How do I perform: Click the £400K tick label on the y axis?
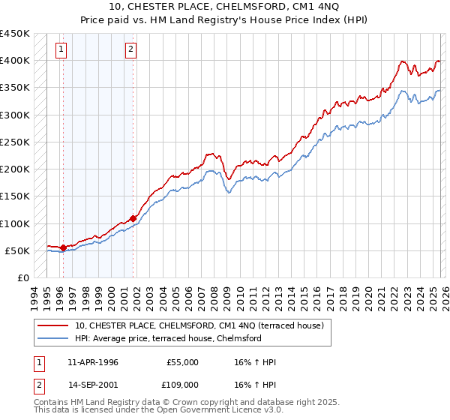pyautogui.click(x=15, y=61)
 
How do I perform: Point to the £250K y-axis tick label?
pyautogui.click(x=15, y=142)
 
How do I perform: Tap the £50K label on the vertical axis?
pyautogui.click(x=18, y=250)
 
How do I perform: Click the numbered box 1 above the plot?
pyautogui.click(x=61, y=50)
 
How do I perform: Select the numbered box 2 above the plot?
pyautogui.click(x=130, y=50)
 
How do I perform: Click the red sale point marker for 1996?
pyautogui.click(x=64, y=247)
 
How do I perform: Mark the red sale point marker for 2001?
pyautogui.click(x=133, y=218)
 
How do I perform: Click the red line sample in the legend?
pyautogui.click(x=54, y=325)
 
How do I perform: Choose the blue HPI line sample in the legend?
pyautogui.click(x=54, y=338)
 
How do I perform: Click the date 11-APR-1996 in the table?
pyautogui.click(x=93, y=362)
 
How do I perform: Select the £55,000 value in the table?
pyautogui.click(x=182, y=362)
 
